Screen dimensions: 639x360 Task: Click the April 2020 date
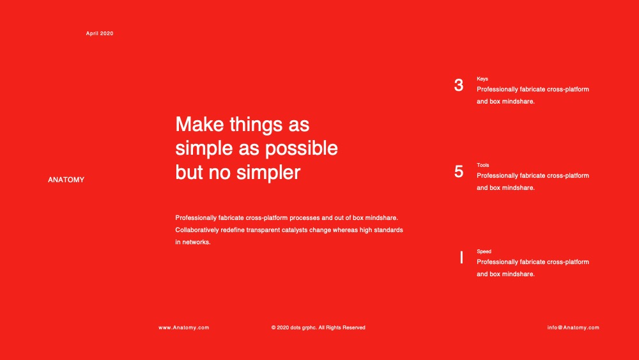(x=100, y=33)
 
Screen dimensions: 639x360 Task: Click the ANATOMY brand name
(x=66, y=180)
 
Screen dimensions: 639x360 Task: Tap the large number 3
(x=458, y=85)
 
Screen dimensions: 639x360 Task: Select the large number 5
(x=458, y=171)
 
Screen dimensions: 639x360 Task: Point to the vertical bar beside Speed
(x=461, y=257)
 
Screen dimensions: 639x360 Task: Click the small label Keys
(x=482, y=79)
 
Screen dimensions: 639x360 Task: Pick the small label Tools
(x=483, y=165)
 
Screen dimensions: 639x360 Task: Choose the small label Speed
(x=484, y=251)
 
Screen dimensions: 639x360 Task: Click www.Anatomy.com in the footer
(x=184, y=327)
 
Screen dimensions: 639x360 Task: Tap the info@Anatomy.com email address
(x=573, y=327)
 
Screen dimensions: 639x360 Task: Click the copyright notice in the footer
(x=318, y=327)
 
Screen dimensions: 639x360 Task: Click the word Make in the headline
(x=199, y=124)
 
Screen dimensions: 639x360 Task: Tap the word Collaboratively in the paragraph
(x=197, y=230)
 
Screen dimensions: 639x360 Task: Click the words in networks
(x=193, y=242)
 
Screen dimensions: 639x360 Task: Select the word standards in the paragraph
(x=389, y=230)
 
